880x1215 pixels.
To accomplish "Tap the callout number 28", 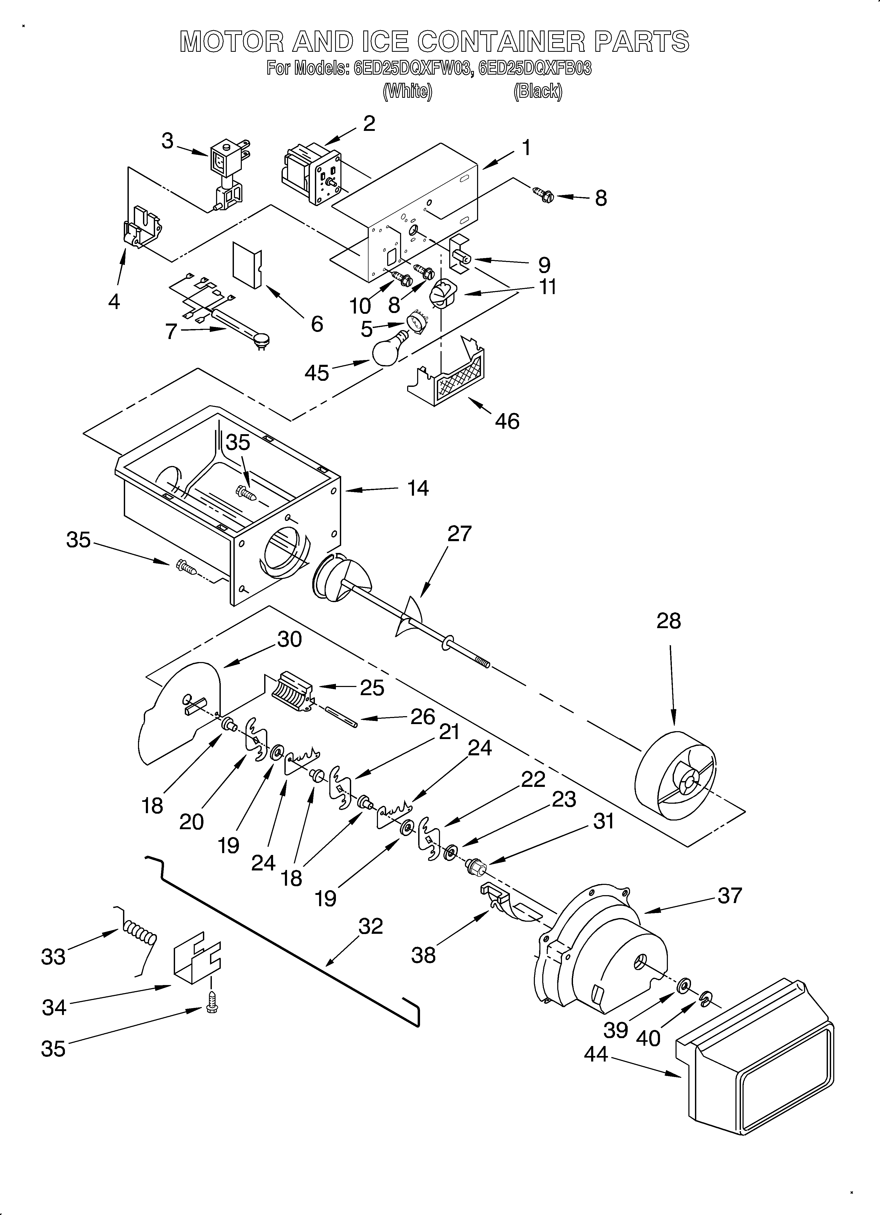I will (x=668, y=621).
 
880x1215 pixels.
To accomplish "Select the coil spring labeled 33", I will (x=138, y=935).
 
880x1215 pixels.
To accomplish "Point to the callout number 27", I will (x=459, y=534).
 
